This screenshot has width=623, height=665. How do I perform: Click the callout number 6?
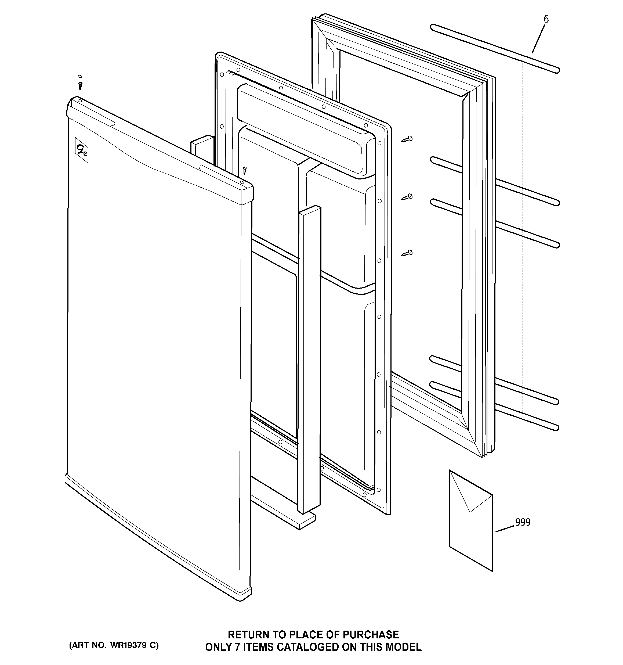pyautogui.click(x=546, y=19)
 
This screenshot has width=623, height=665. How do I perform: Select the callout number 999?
pyautogui.click(x=522, y=522)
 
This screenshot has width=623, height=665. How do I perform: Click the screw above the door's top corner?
pyautogui.click(x=80, y=86)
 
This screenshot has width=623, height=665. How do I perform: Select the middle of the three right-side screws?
pyautogui.click(x=407, y=197)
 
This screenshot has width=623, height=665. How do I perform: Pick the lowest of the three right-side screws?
pyautogui.click(x=407, y=253)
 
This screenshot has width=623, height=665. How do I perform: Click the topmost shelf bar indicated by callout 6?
pyautogui.click(x=495, y=49)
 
